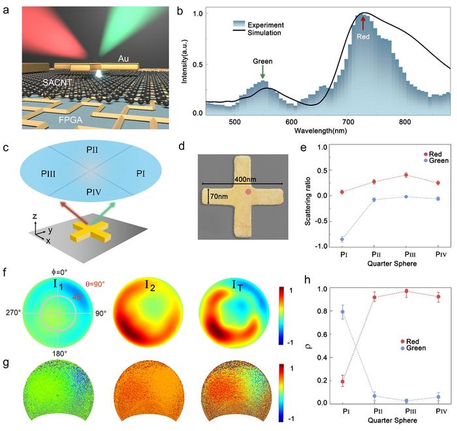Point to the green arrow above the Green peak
[263, 77]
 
